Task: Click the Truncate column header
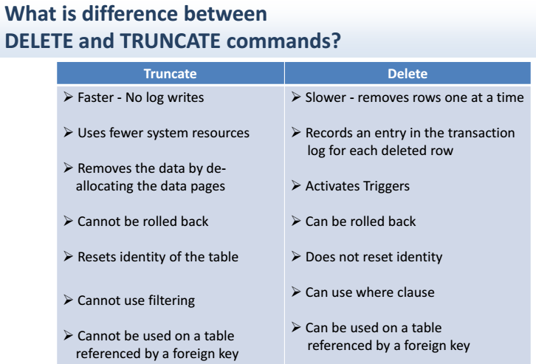click(x=170, y=74)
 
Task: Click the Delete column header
click(x=407, y=74)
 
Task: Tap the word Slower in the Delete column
click(x=326, y=97)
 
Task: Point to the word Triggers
click(x=383, y=186)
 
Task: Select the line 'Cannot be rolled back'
click(x=142, y=222)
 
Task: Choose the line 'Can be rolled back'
click(x=360, y=222)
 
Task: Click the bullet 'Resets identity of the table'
click(x=157, y=257)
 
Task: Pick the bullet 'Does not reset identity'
click(x=374, y=257)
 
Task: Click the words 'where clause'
click(x=396, y=292)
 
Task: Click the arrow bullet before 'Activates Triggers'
click(x=295, y=186)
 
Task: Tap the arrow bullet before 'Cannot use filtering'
click(x=68, y=301)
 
